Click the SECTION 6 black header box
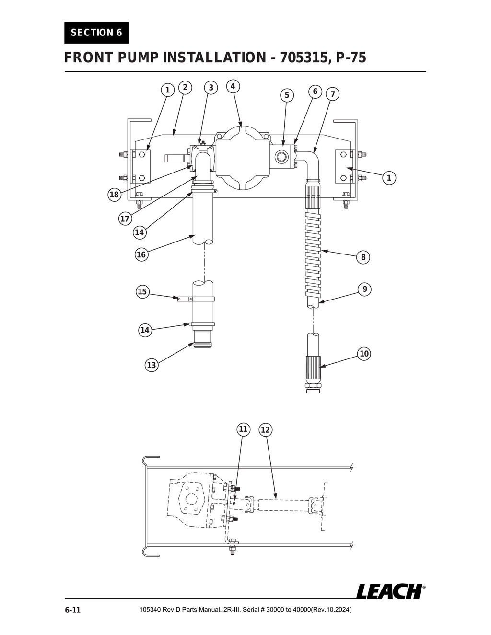coord(96,33)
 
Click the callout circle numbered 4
coord(233,86)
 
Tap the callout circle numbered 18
coord(114,195)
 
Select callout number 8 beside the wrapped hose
coord(363,257)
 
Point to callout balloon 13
coord(152,365)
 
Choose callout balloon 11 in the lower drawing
coord(243,429)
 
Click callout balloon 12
coord(265,430)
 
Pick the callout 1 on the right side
coord(389,178)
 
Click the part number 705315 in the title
coord(302,58)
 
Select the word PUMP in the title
coord(137,58)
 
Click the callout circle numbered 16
coord(141,254)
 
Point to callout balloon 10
coord(364,354)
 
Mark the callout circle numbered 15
coord(142,291)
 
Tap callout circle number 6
coord(315,92)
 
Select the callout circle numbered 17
coord(125,219)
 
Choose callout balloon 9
coord(365,289)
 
